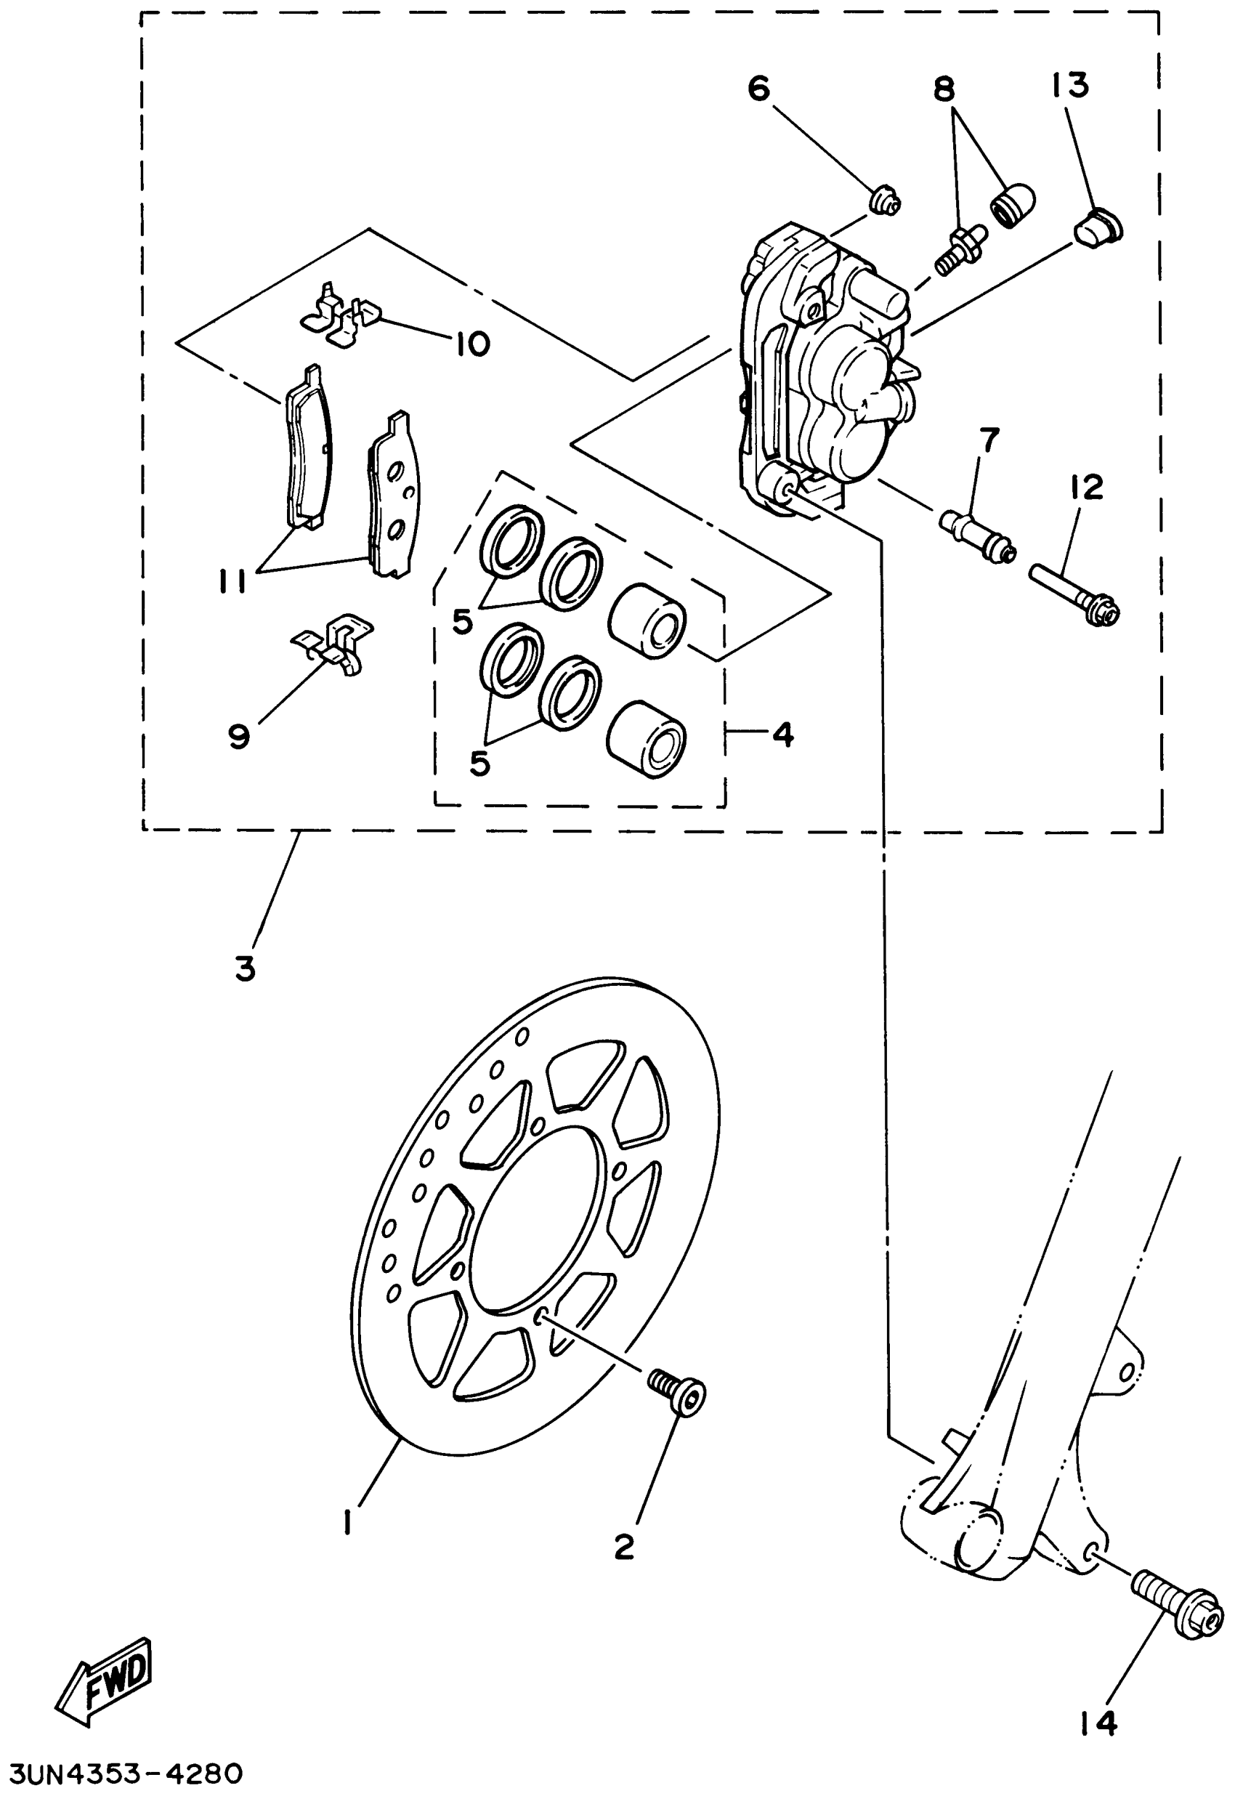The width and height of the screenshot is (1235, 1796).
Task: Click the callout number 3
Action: [x=246, y=968]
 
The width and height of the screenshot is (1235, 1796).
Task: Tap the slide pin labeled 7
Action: [x=977, y=534]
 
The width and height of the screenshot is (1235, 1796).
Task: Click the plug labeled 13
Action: [x=1098, y=230]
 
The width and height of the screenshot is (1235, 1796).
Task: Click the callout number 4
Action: [x=784, y=733]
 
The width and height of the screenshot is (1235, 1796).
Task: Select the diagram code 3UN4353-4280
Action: [x=123, y=1773]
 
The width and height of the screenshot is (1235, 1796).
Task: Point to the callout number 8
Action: [x=943, y=89]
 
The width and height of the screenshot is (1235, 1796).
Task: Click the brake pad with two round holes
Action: [x=393, y=495]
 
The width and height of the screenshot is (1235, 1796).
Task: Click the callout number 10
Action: [x=472, y=343]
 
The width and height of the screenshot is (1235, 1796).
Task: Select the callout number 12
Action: [x=1088, y=488]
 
